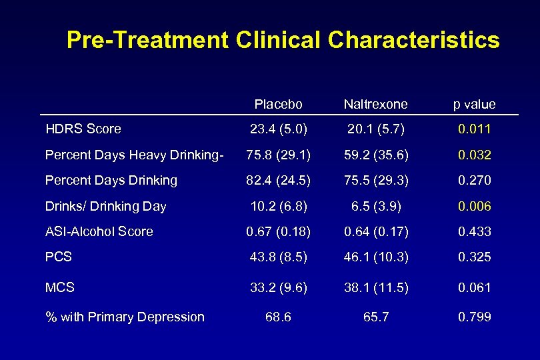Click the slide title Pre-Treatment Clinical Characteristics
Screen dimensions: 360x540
283,40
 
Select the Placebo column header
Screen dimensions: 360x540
278,105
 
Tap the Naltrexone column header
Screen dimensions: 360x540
375,105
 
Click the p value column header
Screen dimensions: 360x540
474,105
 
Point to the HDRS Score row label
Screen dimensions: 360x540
83,129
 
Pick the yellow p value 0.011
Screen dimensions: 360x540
474,129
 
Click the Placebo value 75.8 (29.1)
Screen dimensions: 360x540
277,155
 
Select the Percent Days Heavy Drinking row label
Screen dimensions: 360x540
133,155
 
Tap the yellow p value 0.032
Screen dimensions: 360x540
474,155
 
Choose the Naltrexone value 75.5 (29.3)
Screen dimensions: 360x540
376,181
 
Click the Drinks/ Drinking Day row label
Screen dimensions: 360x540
105,206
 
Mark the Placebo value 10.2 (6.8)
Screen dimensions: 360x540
277,206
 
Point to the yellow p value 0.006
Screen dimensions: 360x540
474,206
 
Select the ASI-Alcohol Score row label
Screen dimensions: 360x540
99,231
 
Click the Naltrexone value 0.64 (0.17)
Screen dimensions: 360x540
376,231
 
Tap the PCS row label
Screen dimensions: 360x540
58,257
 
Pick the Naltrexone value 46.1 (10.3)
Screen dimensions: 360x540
376,257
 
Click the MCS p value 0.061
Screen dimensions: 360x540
474,287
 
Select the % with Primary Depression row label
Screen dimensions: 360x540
125,317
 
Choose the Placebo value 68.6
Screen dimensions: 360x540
277,317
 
